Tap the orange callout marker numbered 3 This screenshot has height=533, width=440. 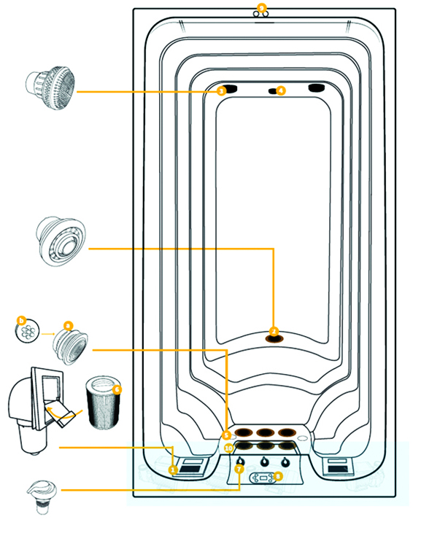click(x=221, y=91)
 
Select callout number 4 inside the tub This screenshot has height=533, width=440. click(x=281, y=90)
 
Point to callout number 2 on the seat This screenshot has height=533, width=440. click(x=274, y=330)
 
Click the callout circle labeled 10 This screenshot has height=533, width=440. click(x=228, y=447)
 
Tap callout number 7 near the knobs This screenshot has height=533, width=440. click(x=239, y=470)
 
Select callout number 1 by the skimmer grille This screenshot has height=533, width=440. click(x=173, y=470)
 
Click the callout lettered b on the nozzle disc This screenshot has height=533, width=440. click(x=21, y=320)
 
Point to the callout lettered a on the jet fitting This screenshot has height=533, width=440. click(x=67, y=326)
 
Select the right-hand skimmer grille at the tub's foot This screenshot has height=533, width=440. click(x=339, y=465)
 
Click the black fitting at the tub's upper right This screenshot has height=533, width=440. click(x=317, y=88)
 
